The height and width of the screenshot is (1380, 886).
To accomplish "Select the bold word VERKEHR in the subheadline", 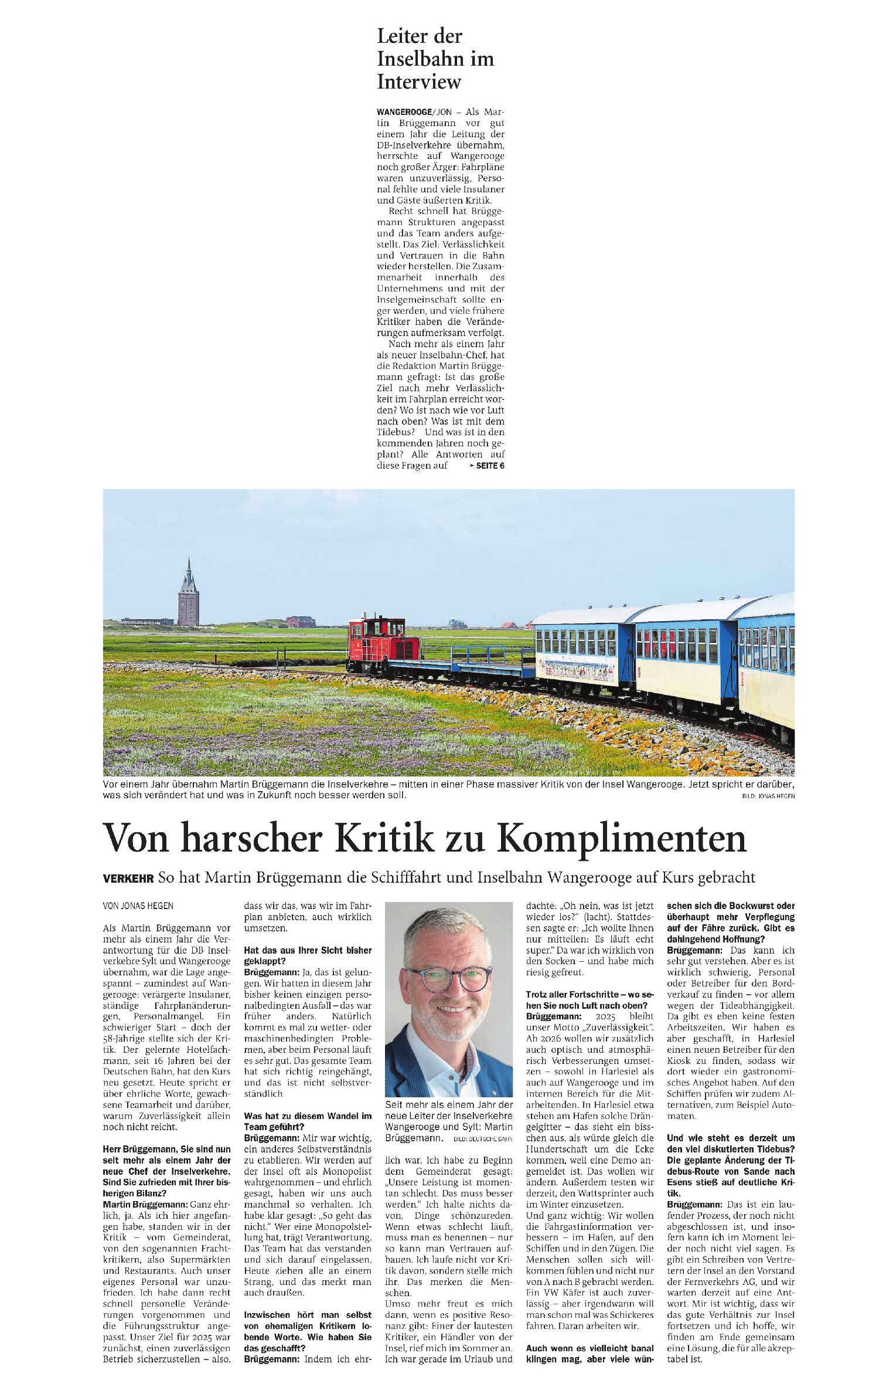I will (128, 878).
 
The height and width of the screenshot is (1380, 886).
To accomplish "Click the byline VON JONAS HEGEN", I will (138, 906).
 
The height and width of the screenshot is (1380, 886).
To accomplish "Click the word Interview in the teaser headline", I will (418, 82).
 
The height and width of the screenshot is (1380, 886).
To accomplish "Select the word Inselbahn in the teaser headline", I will (435, 59).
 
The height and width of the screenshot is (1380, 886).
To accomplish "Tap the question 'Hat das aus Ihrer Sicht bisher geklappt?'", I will (307, 955).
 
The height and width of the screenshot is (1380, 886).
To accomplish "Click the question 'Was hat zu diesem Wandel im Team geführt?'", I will (307, 1121).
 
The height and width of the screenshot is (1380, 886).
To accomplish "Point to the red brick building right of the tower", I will (301, 622).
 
